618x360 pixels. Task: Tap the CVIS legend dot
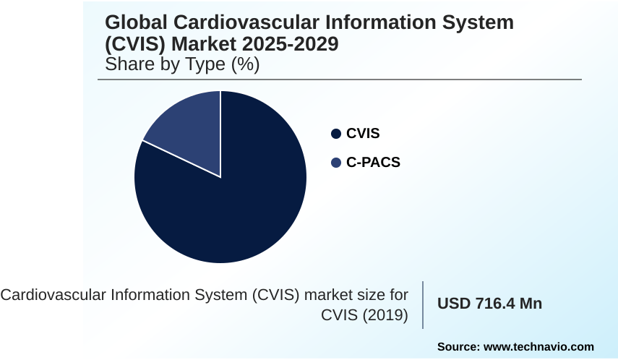point(335,134)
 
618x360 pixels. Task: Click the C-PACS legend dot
point(335,163)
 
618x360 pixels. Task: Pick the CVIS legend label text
point(363,134)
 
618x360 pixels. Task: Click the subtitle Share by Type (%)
point(182,64)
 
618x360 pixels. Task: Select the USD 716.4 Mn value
point(489,304)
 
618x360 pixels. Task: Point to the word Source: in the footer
point(460,347)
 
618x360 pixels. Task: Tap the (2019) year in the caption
point(385,315)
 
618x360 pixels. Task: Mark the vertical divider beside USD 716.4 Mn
point(423,304)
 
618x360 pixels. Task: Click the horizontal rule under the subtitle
point(343,80)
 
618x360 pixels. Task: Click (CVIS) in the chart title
point(135,44)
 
